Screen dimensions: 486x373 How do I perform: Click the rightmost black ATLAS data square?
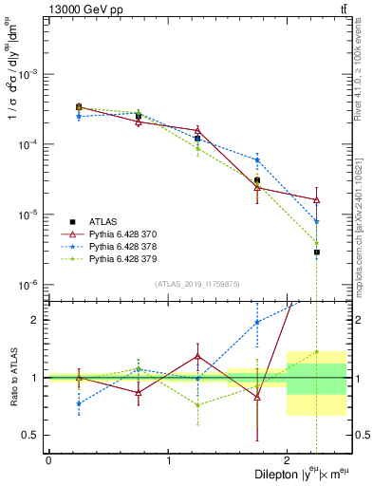pos(317,252)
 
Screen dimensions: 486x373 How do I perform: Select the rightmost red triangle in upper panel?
pos(317,199)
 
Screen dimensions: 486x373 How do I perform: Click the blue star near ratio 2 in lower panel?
pos(257,322)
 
